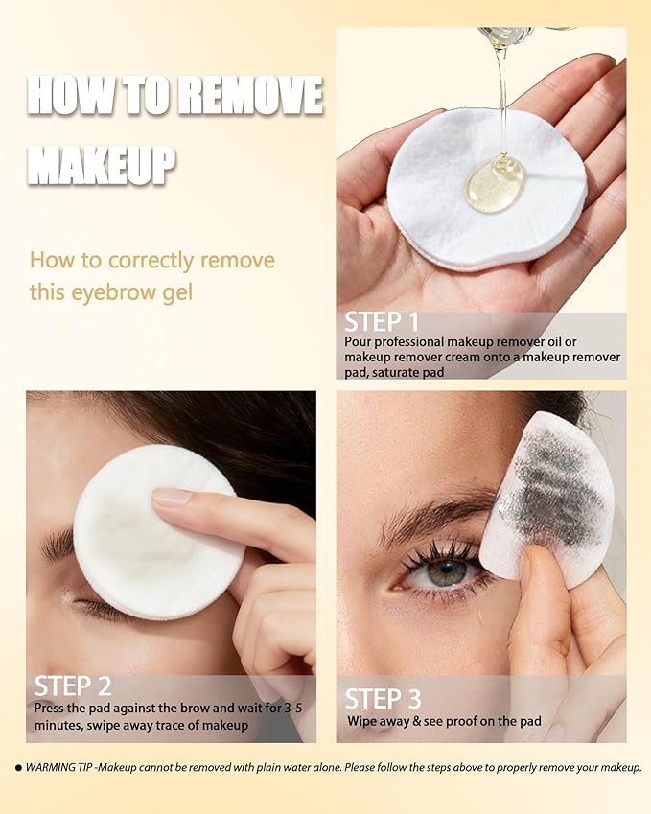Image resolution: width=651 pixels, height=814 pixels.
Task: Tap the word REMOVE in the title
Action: pyautogui.click(x=251, y=97)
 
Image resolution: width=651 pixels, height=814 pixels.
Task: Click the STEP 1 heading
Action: pyautogui.click(x=382, y=322)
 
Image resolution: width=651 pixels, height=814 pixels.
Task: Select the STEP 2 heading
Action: pyautogui.click(x=72, y=686)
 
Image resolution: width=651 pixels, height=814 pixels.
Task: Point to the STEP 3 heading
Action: pyautogui.click(x=383, y=698)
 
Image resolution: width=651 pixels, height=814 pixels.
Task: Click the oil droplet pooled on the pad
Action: pyautogui.click(x=494, y=183)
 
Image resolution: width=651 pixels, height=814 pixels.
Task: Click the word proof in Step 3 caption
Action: pyautogui.click(x=475, y=721)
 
